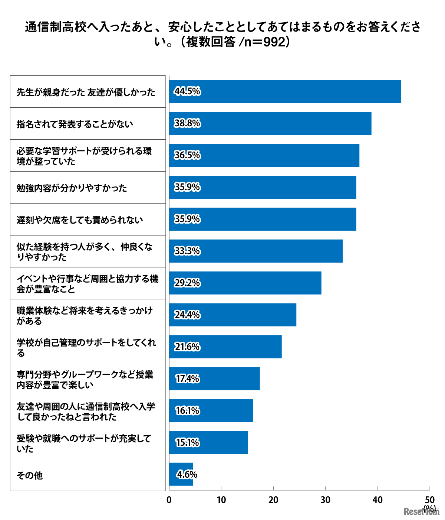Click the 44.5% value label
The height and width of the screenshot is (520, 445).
click(187, 91)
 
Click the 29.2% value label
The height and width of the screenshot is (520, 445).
click(187, 283)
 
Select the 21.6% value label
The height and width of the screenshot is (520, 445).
click(187, 347)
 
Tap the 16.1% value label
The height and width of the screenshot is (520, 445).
click(187, 411)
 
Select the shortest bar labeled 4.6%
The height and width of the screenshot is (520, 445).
click(181, 474)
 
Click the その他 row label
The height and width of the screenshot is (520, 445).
click(30, 475)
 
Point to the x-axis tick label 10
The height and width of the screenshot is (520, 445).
click(221, 500)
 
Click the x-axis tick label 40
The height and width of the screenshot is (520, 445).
click(378, 500)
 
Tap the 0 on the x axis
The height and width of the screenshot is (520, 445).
click(169, 500)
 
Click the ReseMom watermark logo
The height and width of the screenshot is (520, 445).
click(421, 512)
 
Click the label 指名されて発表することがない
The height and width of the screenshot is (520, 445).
click(75, 124)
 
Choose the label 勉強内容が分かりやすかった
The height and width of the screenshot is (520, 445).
click(72, 188)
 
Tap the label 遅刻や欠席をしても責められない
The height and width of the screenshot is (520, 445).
click(79, 220)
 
